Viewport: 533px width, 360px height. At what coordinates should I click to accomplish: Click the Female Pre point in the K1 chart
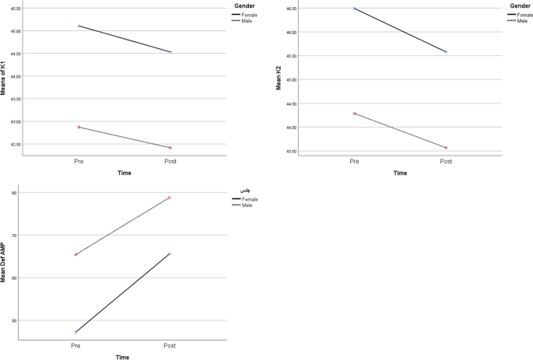pos(79,26)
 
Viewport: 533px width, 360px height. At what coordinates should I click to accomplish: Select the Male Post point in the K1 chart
pos(170,148)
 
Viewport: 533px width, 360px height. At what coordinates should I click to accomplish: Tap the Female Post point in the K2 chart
pos(446,52)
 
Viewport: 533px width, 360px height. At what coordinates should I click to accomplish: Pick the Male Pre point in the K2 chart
pos(355,114)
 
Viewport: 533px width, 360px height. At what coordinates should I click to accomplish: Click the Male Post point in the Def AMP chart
pos(169,197)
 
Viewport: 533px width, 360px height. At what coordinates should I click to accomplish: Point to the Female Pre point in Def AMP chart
pos(75,332)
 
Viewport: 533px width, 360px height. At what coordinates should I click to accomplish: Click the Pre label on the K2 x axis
pos(355,161)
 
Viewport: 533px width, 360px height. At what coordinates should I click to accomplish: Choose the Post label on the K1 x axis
pos(170,161)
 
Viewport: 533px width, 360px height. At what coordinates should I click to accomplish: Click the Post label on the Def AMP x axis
pos(169,345)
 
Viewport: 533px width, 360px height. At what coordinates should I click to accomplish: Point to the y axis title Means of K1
pos(4,79)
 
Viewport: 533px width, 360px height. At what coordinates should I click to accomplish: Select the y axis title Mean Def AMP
pos(4,264)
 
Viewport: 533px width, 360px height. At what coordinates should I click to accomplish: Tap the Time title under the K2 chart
pos(400,173)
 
